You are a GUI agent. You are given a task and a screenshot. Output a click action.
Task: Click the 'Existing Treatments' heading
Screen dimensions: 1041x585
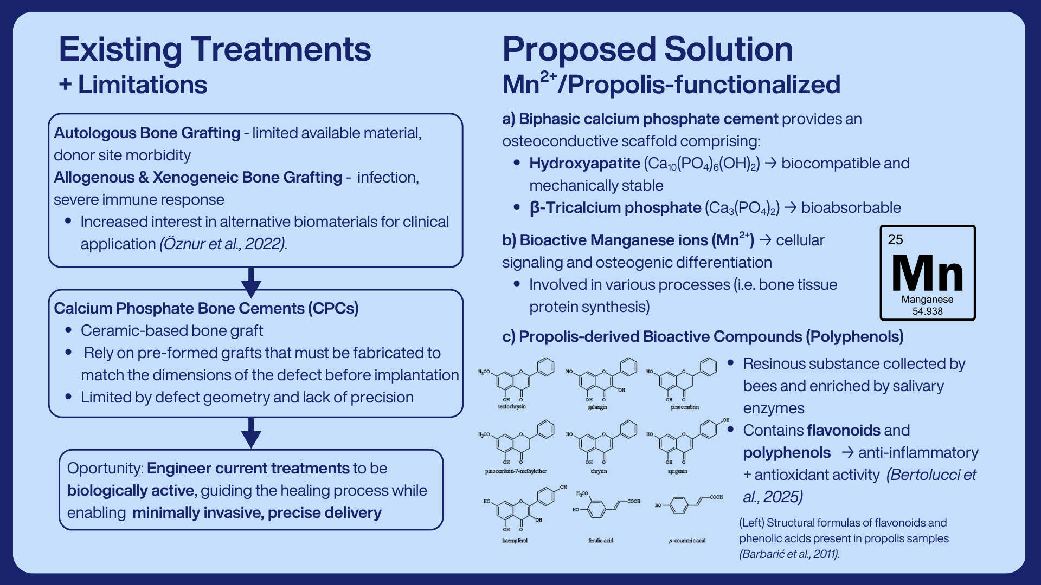tap(215, 49)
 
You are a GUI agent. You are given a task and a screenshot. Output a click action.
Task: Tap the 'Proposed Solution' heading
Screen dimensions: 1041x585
tap(647, 49)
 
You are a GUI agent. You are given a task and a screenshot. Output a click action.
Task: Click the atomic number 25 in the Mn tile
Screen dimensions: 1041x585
tap(895, 239)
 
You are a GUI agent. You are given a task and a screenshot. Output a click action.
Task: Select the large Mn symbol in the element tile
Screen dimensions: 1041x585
tap(927, 273)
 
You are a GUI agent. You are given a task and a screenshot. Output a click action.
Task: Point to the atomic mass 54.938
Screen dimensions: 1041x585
tap(927, 311)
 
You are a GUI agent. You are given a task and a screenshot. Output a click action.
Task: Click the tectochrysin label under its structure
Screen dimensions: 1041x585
tap(512, 406)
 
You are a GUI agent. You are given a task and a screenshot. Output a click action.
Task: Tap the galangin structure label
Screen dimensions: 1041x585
tap(597, 407)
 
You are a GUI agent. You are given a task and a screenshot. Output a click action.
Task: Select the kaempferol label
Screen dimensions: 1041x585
tap(515, 540)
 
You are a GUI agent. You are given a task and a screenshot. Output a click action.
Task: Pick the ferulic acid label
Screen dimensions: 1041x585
tap(601, 540)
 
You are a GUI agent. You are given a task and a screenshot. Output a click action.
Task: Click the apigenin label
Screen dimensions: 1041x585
tap(677, 471)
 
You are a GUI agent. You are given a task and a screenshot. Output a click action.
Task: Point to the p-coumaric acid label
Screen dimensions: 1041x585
tap(687, 540)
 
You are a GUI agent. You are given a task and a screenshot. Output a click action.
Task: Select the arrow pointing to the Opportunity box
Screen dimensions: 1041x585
tap(251, 433)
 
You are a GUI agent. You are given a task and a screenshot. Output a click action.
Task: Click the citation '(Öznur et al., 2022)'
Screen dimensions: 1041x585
tap(223, 244)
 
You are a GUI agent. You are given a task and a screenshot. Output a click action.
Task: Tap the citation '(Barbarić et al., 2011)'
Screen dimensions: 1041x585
tap(789, 554)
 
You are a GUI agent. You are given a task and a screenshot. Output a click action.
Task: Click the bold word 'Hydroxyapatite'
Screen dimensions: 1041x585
tap(584, 163)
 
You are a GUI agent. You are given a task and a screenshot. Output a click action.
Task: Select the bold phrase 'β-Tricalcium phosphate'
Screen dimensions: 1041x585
tap(615, 207)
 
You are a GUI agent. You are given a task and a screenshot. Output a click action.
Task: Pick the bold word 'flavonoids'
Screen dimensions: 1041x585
tap(843, 430)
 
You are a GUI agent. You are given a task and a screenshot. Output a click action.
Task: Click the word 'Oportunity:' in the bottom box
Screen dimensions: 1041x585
tap(105, 469)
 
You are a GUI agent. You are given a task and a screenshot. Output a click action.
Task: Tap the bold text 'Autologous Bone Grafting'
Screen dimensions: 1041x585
tap(147, 133)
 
